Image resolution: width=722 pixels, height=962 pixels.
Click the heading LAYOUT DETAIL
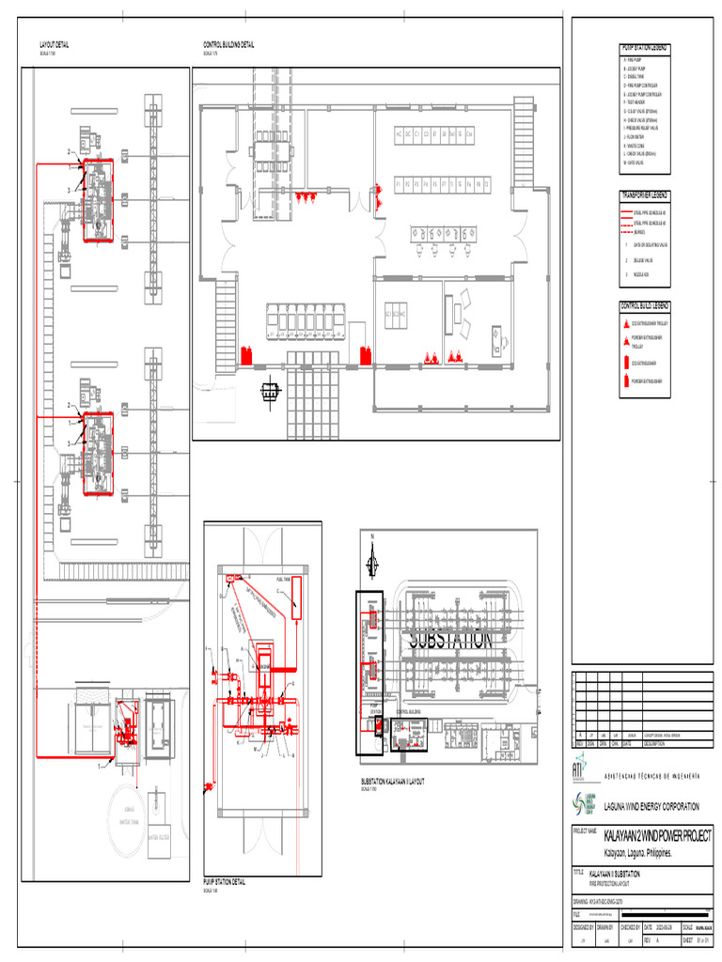(54, 45)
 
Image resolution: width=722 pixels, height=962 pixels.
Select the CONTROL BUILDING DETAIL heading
(229, 45)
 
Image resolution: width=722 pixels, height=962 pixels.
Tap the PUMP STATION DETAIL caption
(225, 883)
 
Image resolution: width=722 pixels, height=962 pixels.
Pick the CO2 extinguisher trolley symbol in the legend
(627, 323)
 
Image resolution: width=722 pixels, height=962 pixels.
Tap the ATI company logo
(578, 768)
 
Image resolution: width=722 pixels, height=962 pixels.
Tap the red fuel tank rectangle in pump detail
(295, 598)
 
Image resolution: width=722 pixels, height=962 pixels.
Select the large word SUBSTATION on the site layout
(449, 640)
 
